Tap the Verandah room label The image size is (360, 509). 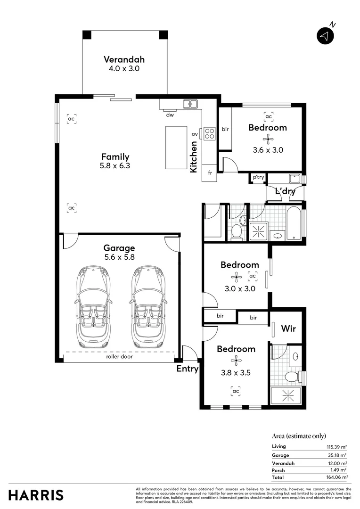pos(124,60)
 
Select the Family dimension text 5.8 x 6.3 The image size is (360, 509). pos(115,166)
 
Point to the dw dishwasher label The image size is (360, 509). pos(170,114)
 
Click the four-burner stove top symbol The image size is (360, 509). pos(209,133)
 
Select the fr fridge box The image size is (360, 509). pos(209,173)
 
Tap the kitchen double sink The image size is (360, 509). pos(190,104)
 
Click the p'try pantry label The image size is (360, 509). pos(258,177)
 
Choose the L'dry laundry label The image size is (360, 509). pos(285,192)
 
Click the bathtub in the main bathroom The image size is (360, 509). pos(294,222)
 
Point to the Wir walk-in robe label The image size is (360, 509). pos(288,328)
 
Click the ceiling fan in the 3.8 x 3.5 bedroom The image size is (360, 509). pos(236,361)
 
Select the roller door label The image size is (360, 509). pos(119,357)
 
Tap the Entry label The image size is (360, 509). pos(187,369)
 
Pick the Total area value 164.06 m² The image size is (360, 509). pos(337,477)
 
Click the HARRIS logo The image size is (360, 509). pos(36,495)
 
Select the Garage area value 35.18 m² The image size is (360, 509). pos(338,455)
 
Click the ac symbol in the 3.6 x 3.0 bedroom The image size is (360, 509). pos(268,116)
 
